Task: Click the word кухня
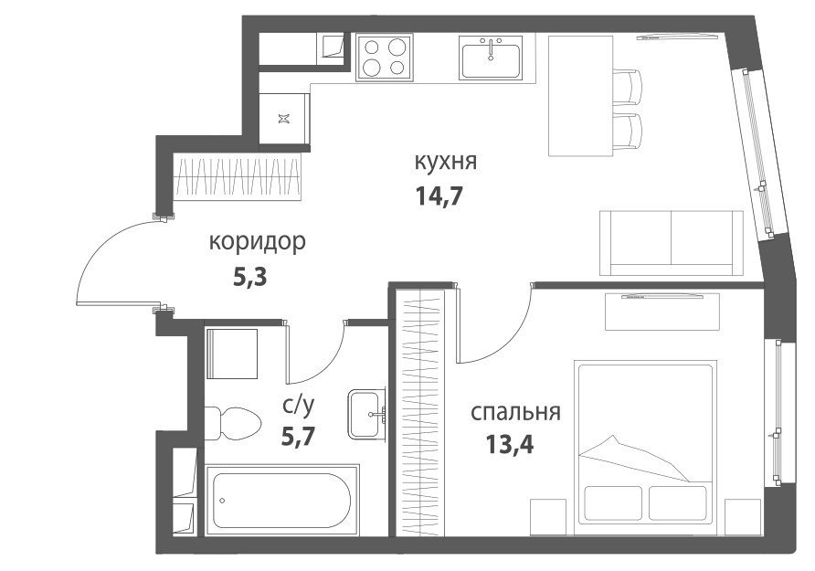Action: coord(446,162)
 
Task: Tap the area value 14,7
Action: coord(439,196)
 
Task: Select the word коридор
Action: coord(258,242)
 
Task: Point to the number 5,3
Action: coord(249,278)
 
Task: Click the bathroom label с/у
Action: coord(299,406)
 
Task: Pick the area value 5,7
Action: coord(299,436)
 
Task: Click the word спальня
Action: coord(515,413)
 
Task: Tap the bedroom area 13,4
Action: coord(510,444)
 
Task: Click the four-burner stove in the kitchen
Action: coord(385,58)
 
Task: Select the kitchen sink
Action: coord(491,58)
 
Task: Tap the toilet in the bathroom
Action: coord(232,423)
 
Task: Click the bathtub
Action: coord(282,500)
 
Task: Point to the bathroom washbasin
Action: coord(366,414)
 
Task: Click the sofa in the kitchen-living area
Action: coord(672,243)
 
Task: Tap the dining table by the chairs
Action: coord(582,95)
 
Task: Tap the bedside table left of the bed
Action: coord(548,517)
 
